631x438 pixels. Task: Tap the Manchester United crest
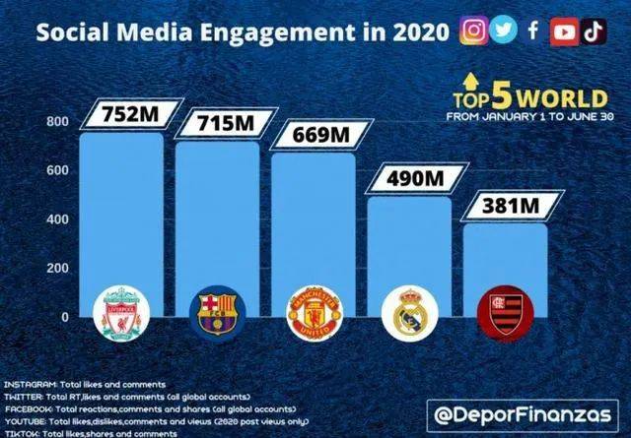pos(311,314)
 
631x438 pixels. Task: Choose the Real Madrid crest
pos(407,313)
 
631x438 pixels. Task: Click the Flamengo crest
pos(503,314)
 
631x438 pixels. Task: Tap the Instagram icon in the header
pos(473,31)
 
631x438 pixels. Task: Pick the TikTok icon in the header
pos(594,31)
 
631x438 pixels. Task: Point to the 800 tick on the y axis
pos(57,122)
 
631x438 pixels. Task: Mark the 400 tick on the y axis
pos(57,219)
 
